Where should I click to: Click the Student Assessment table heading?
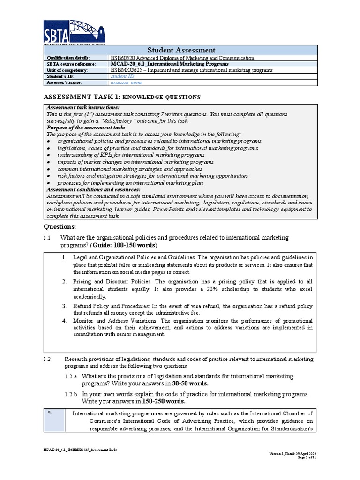tap(181, 50)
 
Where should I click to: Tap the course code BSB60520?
tap(123, 58)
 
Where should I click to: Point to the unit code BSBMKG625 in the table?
tap(127, 70)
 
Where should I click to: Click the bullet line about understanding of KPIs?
tap(131, 155)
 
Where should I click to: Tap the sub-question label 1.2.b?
tap(71, 394)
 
